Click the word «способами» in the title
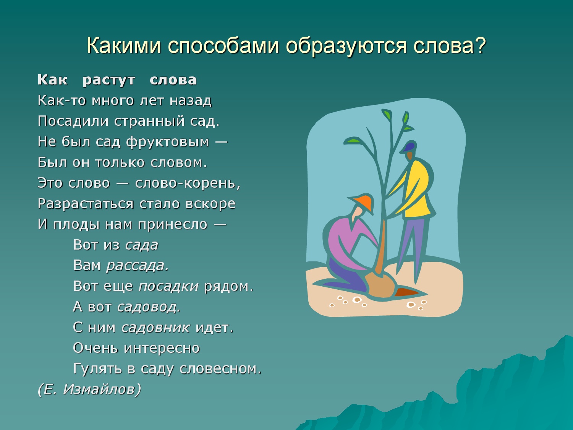click(x=223, y=46)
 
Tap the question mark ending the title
click(x=480, y=45)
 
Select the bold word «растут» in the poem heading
click(x=108, y=80)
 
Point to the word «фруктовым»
click(x=168, y=142)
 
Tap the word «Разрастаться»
click(x=86, y=204)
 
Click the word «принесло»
click(x=173, y=224)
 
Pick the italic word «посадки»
click(x=168, y=286)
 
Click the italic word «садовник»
click(x=155, y=328)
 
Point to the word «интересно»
click(x=162, y=348)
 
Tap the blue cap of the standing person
click(x=408, y=147)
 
